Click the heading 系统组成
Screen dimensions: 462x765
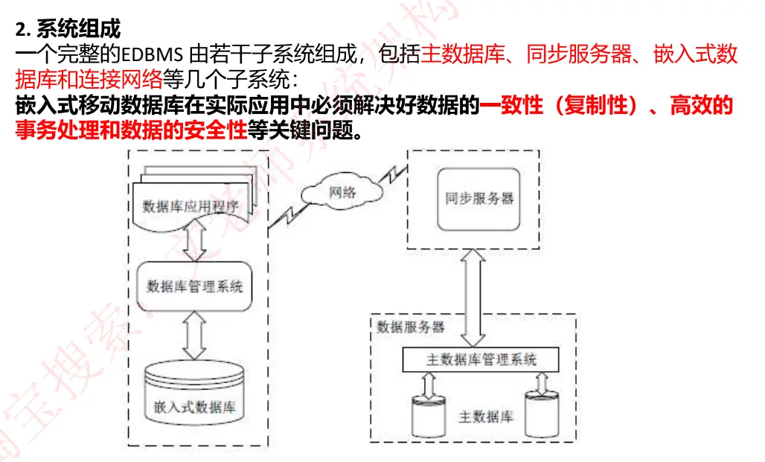(x=78, y=30)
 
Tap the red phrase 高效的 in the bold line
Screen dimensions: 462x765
(x=702, y=106)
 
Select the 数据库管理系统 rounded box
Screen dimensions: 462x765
(x=195, y=286)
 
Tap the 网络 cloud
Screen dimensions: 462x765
(x=342, y=192)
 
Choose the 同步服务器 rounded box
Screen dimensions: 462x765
(x=479, y=199)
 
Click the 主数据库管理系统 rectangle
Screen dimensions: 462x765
(x=481, y=360)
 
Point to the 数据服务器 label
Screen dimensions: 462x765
(x=410, y=327)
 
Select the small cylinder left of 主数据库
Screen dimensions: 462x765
(x=429, y=417)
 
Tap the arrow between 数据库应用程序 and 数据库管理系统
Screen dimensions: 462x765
(x=195, y=243)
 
